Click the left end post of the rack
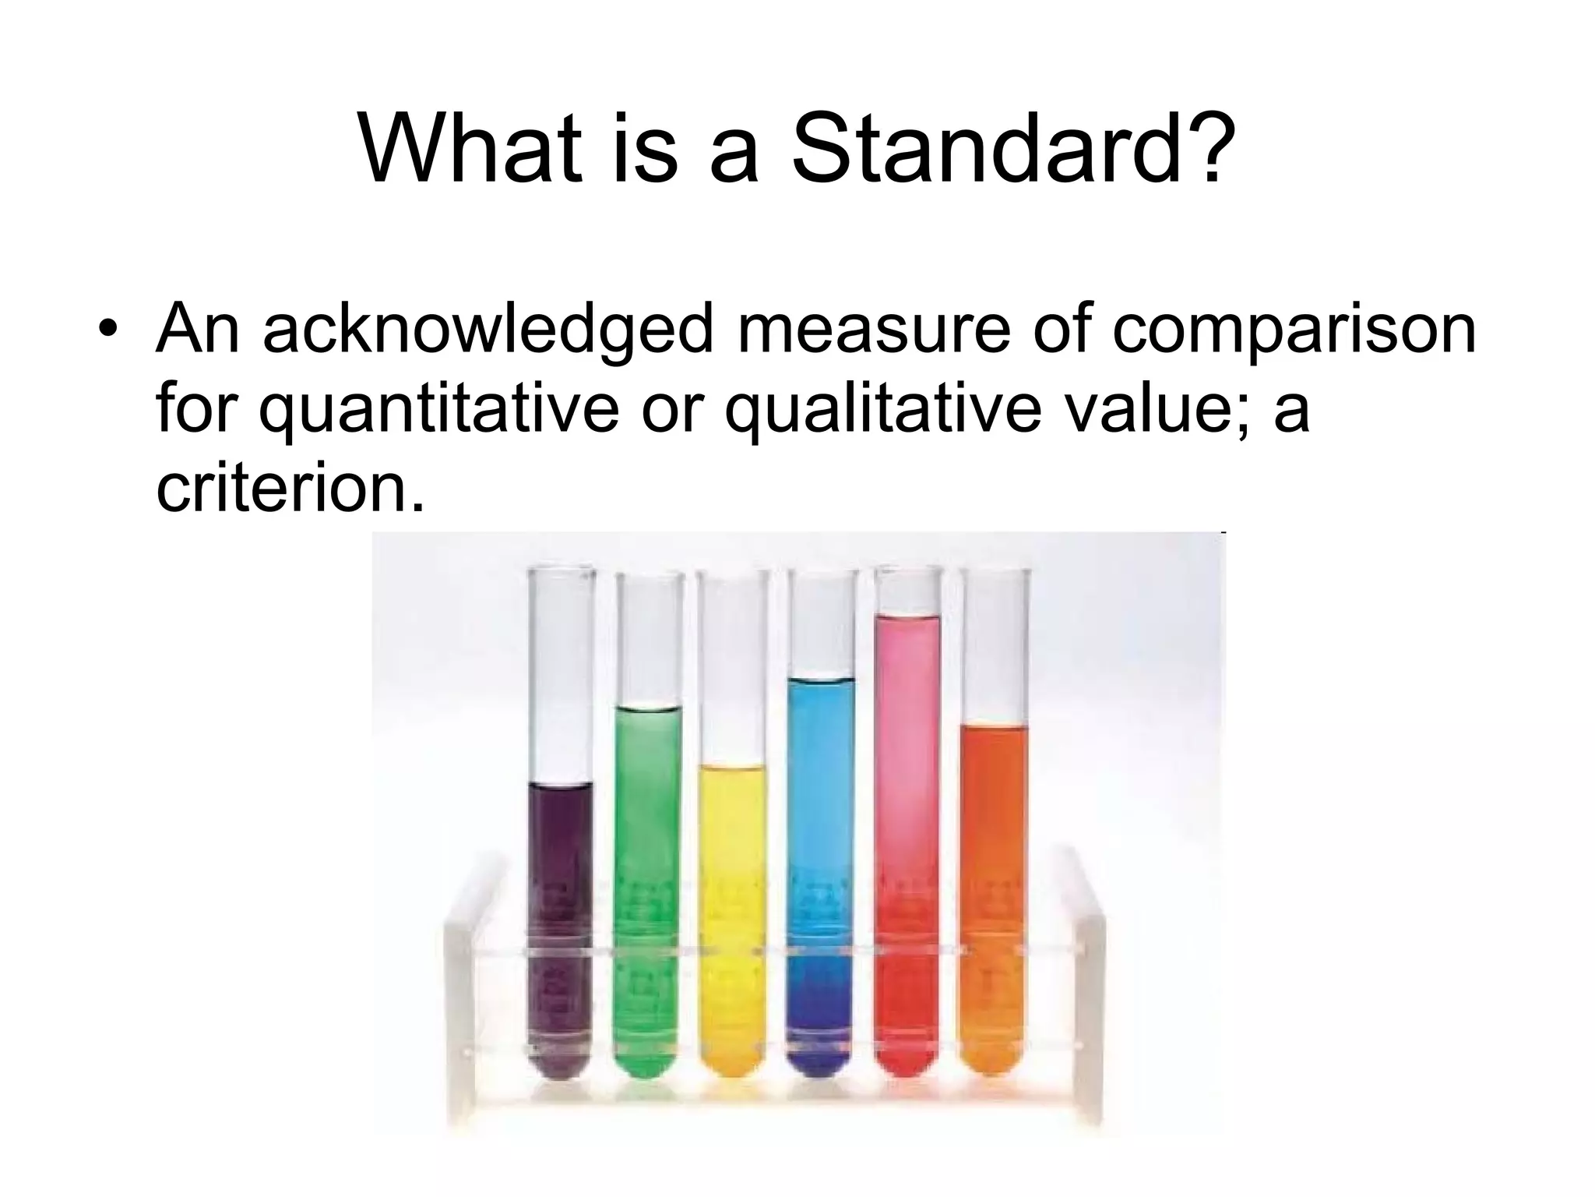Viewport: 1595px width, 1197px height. pyautogui.click(x=459, y=1013)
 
